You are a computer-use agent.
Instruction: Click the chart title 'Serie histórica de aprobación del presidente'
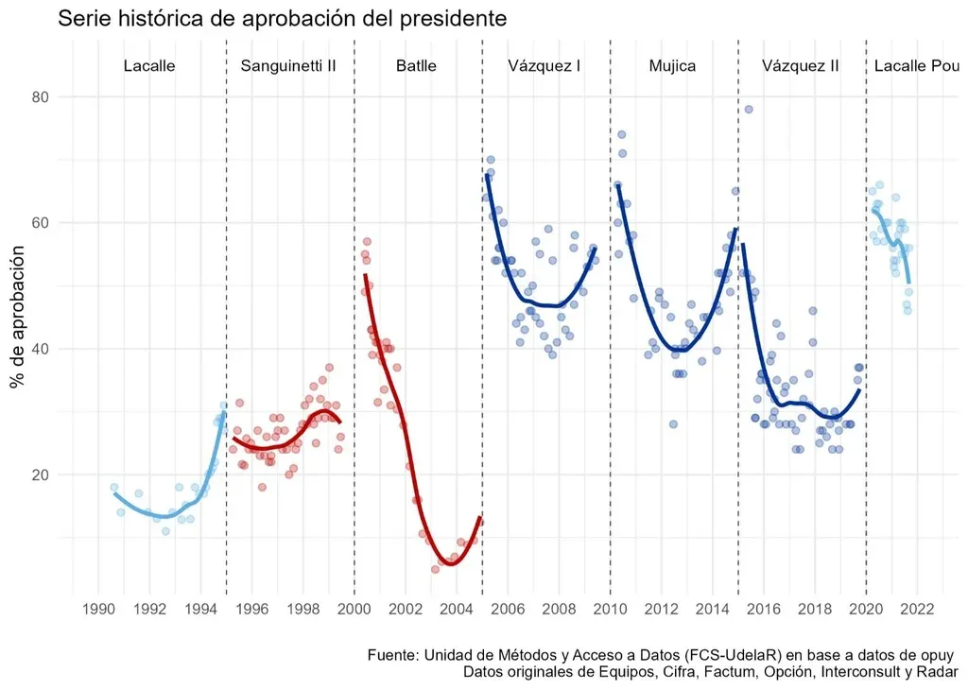[283, 18]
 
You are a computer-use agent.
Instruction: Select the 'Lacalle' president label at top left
[149, 66]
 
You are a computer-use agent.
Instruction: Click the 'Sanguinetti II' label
[288, 66]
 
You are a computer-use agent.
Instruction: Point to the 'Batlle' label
[416, 66]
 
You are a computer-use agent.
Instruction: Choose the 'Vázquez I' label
[544, 66]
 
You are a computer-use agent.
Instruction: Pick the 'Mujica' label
[672, 66]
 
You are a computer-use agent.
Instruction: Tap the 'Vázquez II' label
[800, 66]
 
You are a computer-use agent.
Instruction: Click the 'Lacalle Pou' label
[916, 66]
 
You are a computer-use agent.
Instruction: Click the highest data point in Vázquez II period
[749, 110]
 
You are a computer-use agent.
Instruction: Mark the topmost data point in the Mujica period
[621, 134]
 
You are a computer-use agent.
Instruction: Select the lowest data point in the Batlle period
[435, 569]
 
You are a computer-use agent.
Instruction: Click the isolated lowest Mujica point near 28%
[673, 424]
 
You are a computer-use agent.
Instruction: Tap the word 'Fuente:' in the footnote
[392, 655]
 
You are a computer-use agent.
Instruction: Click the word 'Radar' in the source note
[938, 672]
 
